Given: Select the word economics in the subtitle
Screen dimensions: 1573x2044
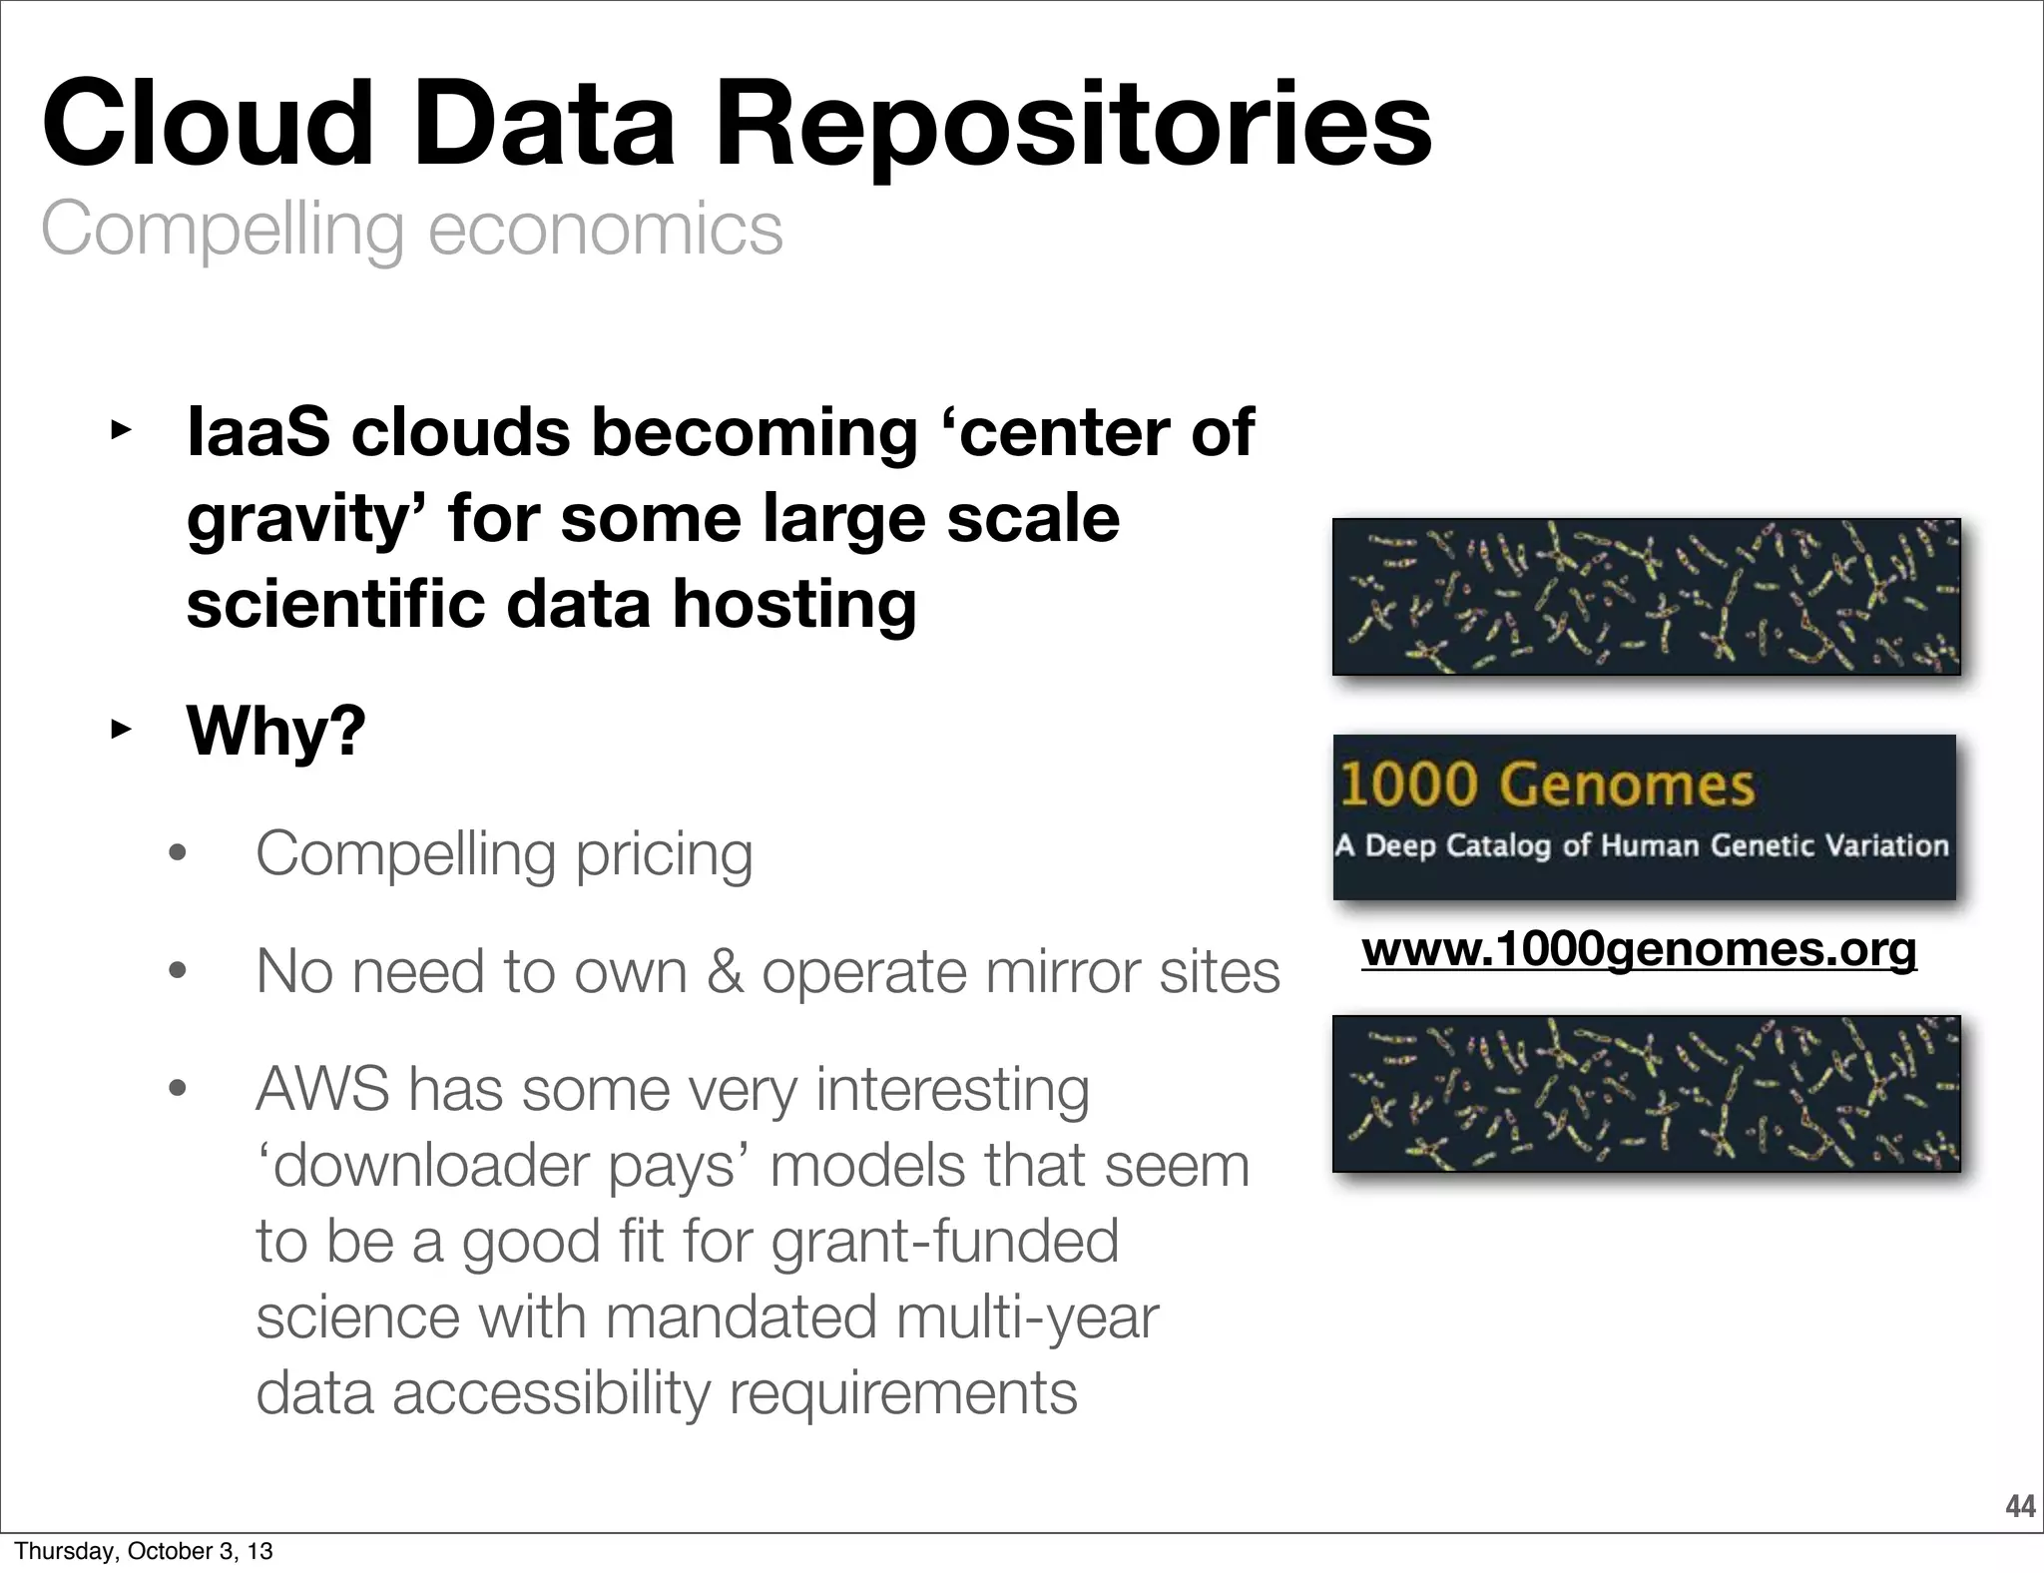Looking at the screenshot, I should [x=605, y=230].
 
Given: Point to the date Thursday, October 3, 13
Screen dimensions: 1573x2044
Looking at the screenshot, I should [x=144, y=1551].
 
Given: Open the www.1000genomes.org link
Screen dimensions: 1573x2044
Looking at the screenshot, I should [x=1639, y=949].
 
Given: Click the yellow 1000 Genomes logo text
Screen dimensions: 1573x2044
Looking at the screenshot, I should [x=1545, y=785].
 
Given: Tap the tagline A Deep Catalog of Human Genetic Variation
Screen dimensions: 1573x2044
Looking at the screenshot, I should [x=1642, y=845].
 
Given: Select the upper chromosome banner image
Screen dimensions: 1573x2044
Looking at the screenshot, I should [x=1646, y=597].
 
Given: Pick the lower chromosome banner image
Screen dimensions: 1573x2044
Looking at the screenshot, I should [x=1646, y=1094].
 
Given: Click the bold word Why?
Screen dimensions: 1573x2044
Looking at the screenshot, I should [x=276, y=731].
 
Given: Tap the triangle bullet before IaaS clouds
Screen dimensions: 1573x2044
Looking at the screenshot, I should [x=120, y=432].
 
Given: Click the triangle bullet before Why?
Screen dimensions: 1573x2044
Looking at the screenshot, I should [x=120, y=731].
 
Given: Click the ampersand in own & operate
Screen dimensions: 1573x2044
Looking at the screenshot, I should [x=725, y=972].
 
